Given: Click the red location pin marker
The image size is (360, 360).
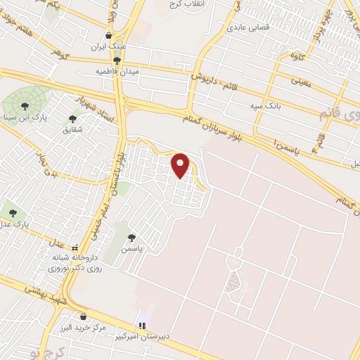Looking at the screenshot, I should (181, 165).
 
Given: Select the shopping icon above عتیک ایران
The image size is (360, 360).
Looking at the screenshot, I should (108, 35).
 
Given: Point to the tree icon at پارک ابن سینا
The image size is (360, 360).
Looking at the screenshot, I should (25, 106).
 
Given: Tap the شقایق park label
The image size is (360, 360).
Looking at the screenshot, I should (72, 130).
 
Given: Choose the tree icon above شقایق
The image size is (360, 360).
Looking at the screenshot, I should (72, 119).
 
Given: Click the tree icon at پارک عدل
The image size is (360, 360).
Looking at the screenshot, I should (12, 212).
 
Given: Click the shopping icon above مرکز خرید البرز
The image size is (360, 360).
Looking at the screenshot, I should (84, 316).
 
